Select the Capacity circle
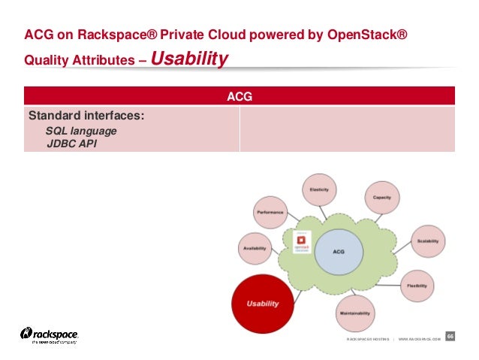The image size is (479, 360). [x=381, y=198]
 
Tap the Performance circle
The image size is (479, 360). [x=270, y=213]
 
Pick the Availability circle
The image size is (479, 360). [x=255, y=248]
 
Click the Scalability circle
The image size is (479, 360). [x=428, y=241]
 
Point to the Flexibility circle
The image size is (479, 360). [x=417, y=286]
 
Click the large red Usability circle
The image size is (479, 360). [x=263, y=304]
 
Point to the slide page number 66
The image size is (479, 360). [x=450, y=336]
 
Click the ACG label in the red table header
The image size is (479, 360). [x=239, y=96]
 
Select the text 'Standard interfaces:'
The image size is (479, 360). [x=86, y=116]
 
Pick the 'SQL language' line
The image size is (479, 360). [x=81, y=131]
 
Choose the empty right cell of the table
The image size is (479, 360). [x=347, y=129]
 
